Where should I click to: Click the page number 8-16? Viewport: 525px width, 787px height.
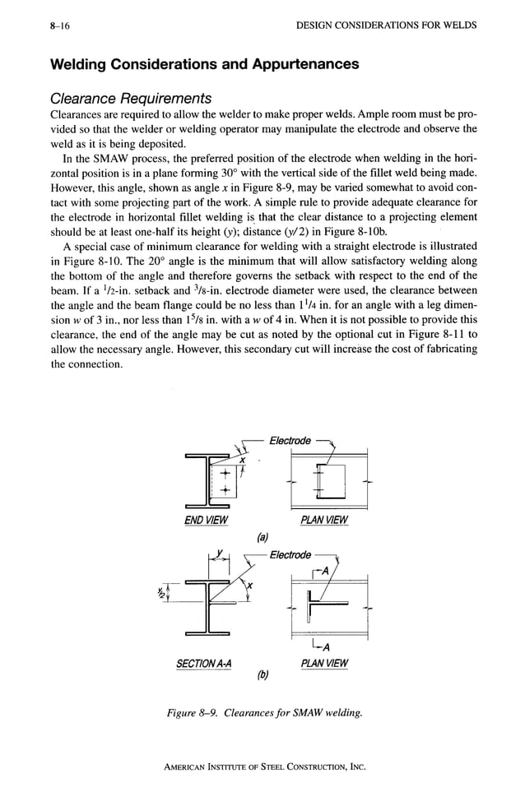59,25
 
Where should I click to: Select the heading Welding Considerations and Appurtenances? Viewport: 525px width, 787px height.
205,64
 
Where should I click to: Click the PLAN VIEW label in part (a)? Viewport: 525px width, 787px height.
325,520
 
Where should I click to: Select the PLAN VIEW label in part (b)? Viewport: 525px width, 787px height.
324,664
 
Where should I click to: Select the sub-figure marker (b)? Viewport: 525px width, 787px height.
262,678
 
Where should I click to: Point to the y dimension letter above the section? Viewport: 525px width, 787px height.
220,553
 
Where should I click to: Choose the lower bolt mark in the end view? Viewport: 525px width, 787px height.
219,489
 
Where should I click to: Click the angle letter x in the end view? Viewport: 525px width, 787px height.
243,460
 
